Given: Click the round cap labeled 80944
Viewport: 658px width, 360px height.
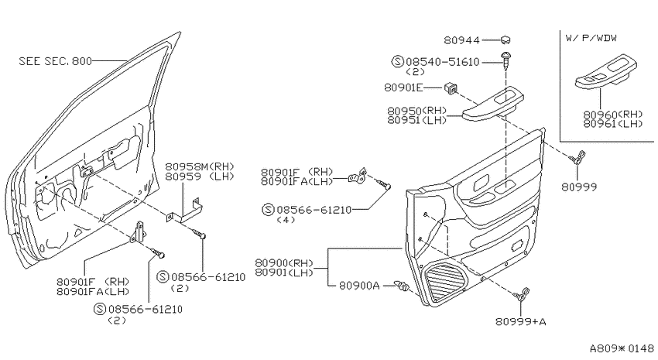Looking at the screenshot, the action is (505, 39).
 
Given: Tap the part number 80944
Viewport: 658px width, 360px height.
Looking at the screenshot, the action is (461, 40).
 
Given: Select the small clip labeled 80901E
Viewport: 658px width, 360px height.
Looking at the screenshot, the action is (451, 88).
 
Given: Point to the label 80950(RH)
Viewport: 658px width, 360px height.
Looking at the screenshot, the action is (416, 111).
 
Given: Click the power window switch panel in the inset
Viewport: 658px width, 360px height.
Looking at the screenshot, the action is (605, 72).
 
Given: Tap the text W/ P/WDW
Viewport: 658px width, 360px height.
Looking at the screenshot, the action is (591, 38).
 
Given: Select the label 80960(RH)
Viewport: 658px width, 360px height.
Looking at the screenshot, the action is (613, 115).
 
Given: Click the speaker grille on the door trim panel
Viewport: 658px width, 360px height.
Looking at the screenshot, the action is (446, 280).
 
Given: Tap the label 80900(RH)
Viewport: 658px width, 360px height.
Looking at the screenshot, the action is (284, 263).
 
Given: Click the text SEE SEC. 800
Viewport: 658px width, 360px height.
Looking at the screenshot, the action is (56, 61).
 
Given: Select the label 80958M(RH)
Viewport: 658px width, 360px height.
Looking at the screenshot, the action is (199, 166).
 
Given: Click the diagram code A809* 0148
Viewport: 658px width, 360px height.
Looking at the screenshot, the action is (622, 348).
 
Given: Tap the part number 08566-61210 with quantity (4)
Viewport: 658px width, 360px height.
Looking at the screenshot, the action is (314, 209).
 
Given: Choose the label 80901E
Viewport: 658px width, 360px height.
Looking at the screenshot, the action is (403, 87).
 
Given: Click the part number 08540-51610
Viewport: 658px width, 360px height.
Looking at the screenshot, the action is (442, 62).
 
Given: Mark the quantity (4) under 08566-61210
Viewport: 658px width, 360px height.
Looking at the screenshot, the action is (286, 220).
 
